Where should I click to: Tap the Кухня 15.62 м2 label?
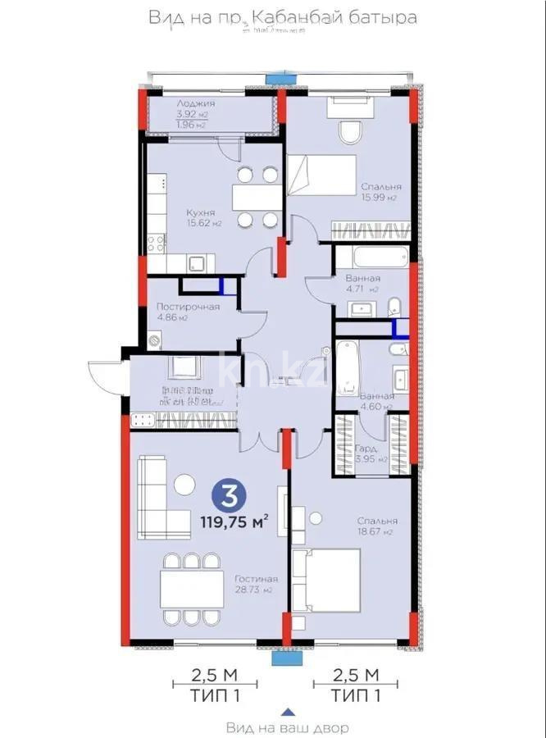[x=200, y=217]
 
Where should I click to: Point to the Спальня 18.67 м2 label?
[x=376, y=526]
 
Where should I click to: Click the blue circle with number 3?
[x=231, y=496]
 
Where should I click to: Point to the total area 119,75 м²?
[x=235, y=521]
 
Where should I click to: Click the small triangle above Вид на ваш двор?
[x=286, y=711]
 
